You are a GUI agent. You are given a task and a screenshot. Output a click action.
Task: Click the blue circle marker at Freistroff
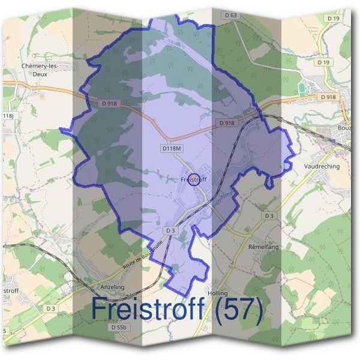pyautogui.click(x=193, y=179)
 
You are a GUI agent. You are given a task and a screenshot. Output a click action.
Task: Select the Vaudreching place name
pyautogui.click(x=322, y=166)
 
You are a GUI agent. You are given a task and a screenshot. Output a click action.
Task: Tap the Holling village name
pyautogui.click(x=217, y=293)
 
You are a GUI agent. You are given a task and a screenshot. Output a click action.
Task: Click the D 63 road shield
pyautogui.click(x=229, y=15)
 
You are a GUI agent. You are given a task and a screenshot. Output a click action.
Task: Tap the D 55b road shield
pyautogui.click(x=119, y=327)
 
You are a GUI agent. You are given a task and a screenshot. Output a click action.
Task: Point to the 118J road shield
pyautogui.click(x=7, y=116)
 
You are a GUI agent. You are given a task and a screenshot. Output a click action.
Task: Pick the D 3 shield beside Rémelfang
pyautogui.click(x=268, y=215)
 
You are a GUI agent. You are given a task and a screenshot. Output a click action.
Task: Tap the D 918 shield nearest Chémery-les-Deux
pyautogui.click(x=108, y=104)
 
